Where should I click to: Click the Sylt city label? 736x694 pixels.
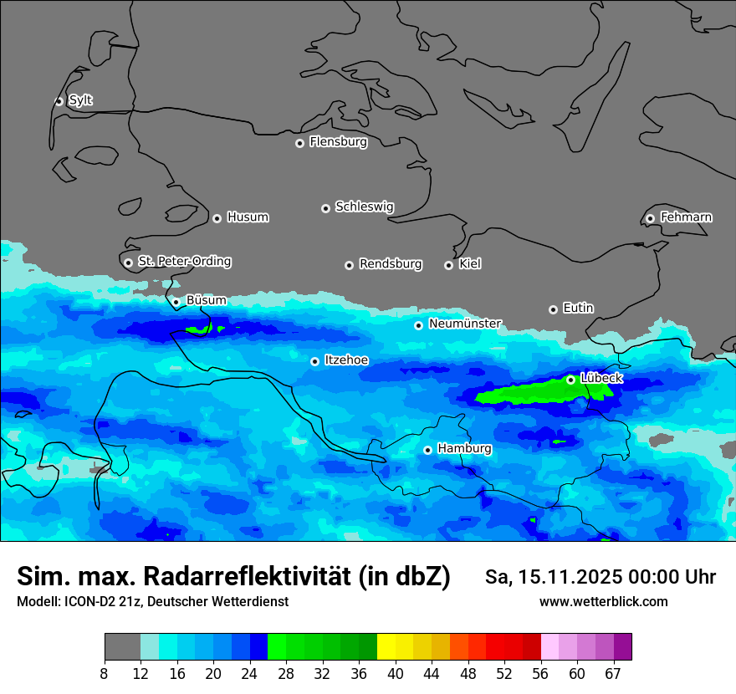click(80, 100)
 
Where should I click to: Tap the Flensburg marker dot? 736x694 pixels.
click(299, 143)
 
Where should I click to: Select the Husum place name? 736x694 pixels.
click(248, 217)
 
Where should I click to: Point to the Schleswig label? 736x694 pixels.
click(364, 207)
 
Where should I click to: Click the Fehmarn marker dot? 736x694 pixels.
click(650, 218)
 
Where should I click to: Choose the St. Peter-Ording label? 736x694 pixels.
click(184, 261)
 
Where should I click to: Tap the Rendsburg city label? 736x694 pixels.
click(390, 264)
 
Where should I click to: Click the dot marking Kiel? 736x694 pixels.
click(448, 265)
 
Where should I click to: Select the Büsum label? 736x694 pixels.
click(206, 300)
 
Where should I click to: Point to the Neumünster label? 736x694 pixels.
click(465, 324)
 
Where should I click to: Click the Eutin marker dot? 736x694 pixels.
click(553, 309)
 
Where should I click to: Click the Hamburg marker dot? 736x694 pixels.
click(427, 450)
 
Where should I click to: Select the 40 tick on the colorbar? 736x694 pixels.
click(396, 673)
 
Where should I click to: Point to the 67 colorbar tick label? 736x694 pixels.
click(614, 673)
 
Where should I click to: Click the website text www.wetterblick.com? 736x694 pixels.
click(603, 601)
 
